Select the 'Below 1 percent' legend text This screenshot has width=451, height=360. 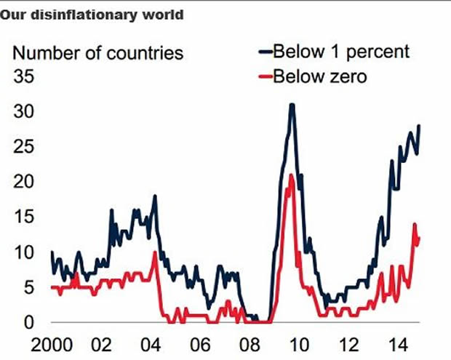tap(340, 52)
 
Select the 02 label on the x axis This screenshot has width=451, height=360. tap(103, 343)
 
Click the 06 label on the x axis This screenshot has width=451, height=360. tap(201, 343)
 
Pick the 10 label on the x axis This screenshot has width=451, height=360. tap(300, 343)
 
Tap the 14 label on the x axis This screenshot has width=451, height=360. tap(399, 343)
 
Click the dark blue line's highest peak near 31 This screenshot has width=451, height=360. tap(292, 105)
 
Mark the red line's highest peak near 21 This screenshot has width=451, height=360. tap(291, 175)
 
